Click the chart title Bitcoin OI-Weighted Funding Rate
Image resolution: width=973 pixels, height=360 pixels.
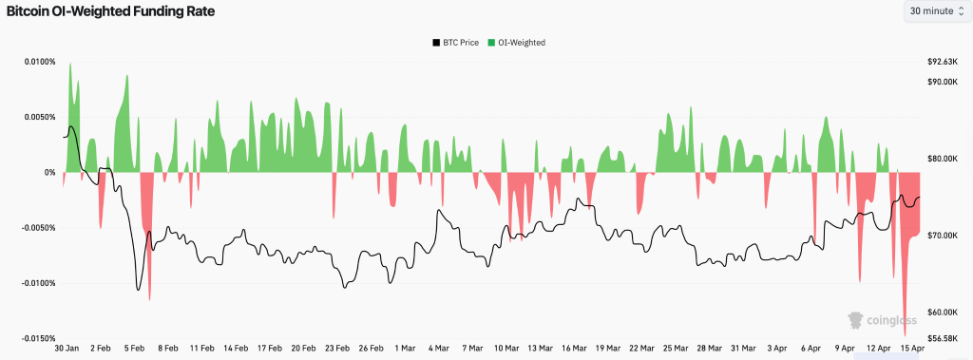click(110, 12)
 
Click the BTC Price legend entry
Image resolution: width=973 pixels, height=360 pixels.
click(455, 43)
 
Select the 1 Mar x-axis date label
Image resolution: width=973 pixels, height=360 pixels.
click(404, 349)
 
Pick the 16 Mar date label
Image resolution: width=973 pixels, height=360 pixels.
click(573, 349)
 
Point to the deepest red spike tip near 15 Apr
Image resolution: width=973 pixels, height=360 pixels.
click(905, 334)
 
